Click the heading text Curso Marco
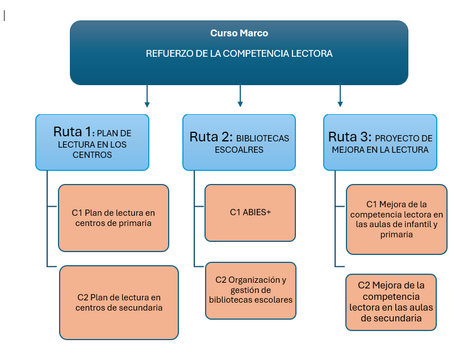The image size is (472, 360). pyautogui.click(x=239, y=34)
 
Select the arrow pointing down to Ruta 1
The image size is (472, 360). pyautogui.click(x=147, y=96)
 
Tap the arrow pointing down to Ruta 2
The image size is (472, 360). pyautogui.click(x=240, y=96)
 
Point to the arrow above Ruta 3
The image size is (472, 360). pyautogui.click(x=340, y=96)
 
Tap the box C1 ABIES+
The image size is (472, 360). pyautogui.click(x=250, y=212)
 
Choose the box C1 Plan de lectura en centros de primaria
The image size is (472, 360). pyautogui.click(x=113, y=218)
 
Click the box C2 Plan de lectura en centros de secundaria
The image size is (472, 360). pyautogui.click(x=119, y=302)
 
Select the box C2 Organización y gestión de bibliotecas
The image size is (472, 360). pyautogui.click(x=250, y=290)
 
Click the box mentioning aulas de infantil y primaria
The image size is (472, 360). pyautogui.click(x=396, y=219)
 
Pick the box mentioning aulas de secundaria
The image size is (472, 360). pyautogui.click(x=391, y=303)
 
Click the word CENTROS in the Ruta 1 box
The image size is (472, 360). pyautogui.click(x=93, y=155)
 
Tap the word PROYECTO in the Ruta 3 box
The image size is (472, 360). pyautogui.click(x=404, y=138)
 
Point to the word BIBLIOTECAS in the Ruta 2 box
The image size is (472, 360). pyautogui.click(x=262, y=138)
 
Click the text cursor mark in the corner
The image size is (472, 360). pyautogui.click(x=5, y=15)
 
